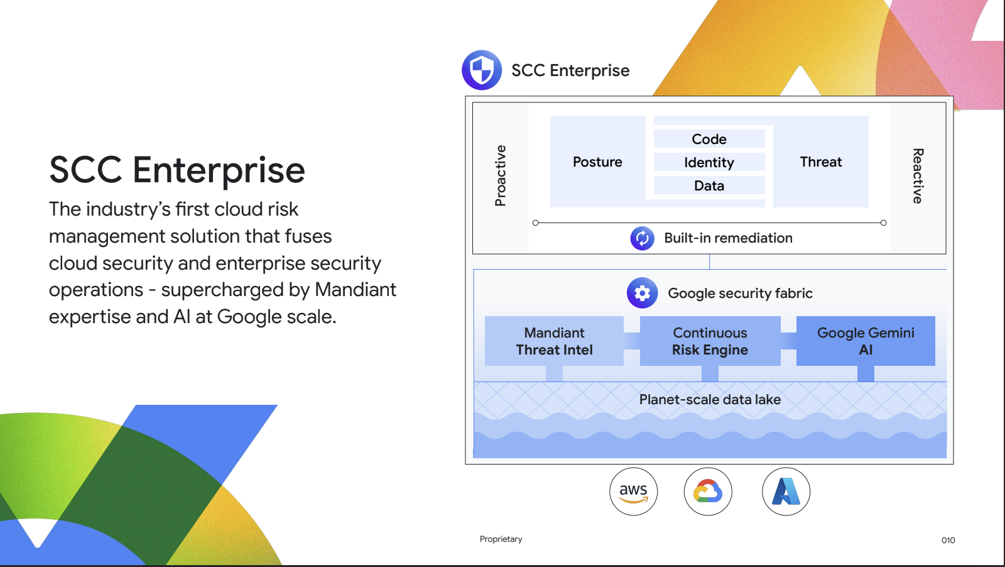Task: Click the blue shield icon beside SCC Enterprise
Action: click(482, 70)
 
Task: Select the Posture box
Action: click(597, 162)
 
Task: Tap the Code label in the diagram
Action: click(709, 139)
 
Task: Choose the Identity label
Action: click(709, 162)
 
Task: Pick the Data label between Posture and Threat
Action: click(709, 185)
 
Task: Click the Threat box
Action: click(820, 162)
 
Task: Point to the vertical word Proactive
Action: click(501, 175)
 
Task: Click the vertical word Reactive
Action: click(918, 175)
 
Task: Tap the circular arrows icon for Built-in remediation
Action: click(642, 238)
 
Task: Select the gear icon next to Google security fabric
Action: click(642, 293)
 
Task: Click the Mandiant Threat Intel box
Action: click(554, 341)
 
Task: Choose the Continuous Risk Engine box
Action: click(710, 341)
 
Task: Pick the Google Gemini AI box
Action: click(866, 341)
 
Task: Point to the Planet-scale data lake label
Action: click(710, 399)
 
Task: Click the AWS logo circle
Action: click(633, 492)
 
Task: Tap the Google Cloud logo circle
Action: click(708, 492)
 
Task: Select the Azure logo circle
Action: click(786, 492)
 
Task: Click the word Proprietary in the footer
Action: click(501, 539)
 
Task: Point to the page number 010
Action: click(948, 540)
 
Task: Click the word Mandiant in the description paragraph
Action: click(356, 290)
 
